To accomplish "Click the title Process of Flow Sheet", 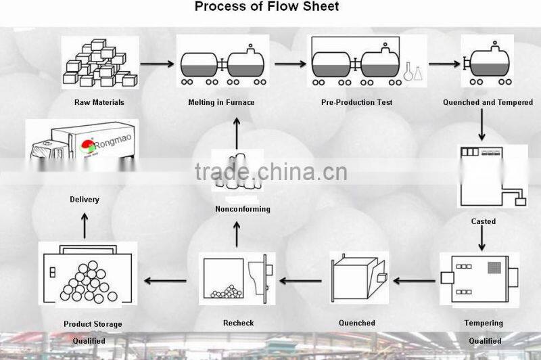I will (266, 7).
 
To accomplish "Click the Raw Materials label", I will (99, 103).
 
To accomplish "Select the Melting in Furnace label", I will (221, 103).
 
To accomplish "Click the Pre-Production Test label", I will (356, 103).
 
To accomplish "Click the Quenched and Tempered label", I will (488, 103).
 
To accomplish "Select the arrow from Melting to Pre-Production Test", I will (291, 65).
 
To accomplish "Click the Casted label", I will (483, 221).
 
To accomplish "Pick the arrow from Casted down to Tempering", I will (481, 239).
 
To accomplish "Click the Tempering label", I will (484, 323).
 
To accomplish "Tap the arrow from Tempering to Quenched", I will (415, 279).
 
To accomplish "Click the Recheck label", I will (238, 323).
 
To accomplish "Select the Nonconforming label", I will (242, 209).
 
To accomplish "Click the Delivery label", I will (85, 200).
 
